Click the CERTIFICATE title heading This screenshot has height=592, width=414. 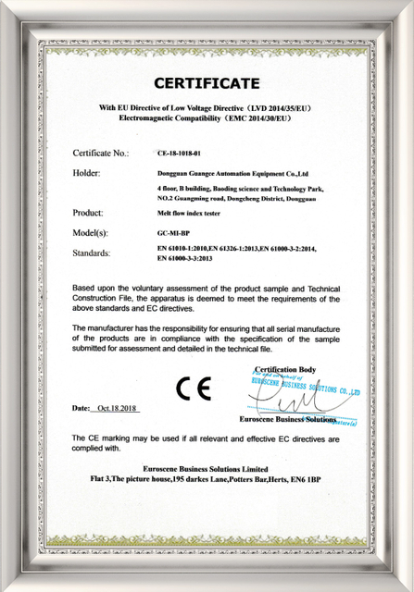pos(207,83)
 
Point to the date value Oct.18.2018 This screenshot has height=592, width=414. pos(117,408)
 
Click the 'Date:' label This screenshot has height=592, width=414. pos(81,408)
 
